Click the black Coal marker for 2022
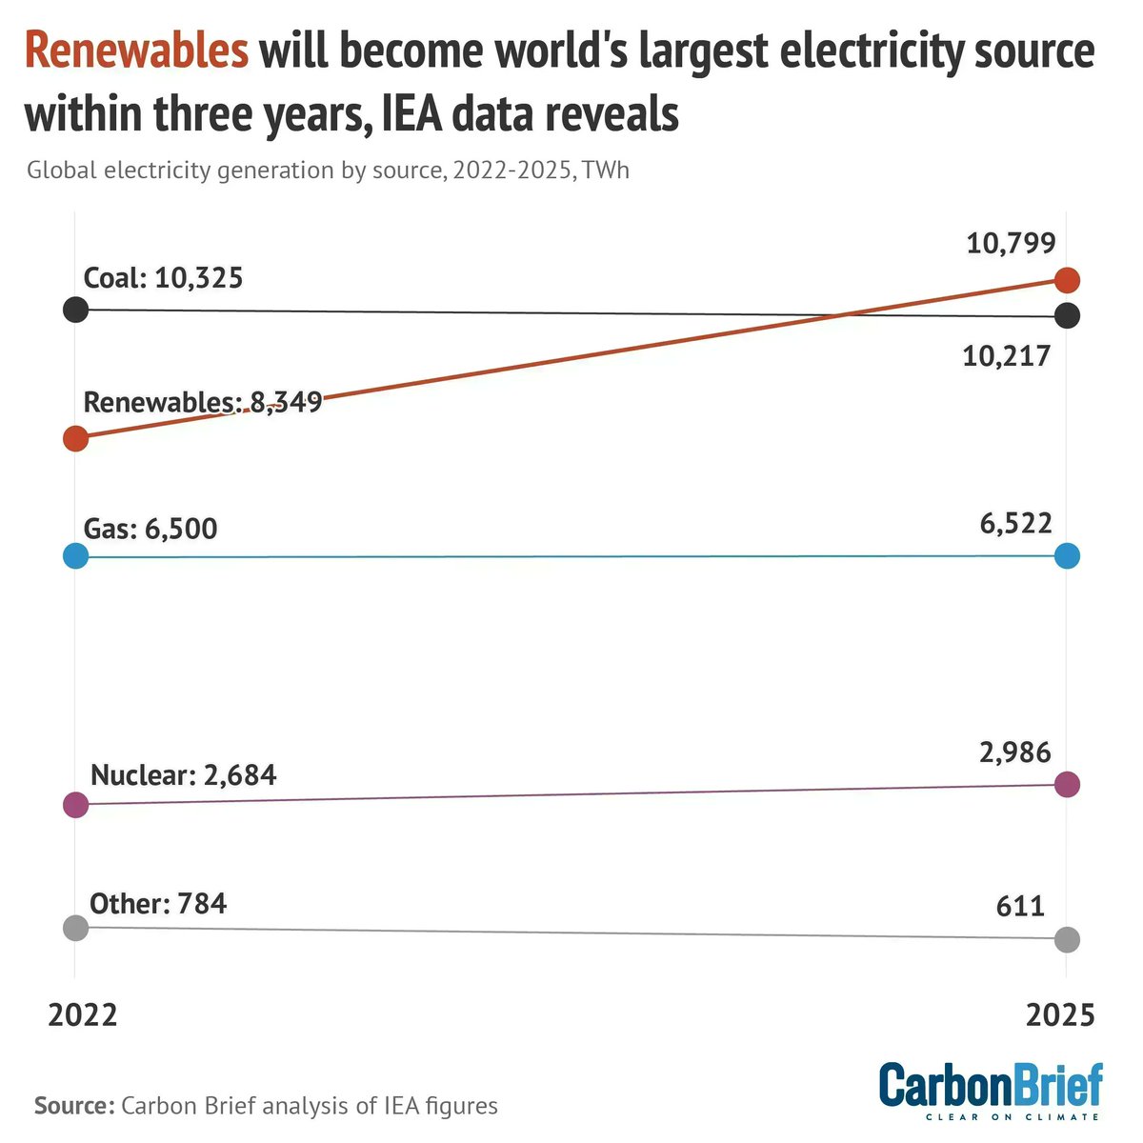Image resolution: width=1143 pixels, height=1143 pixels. pyautogui.click(x=75, y=310)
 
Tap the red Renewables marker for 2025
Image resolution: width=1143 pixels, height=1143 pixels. pyautogui.click(x=1067, y=280)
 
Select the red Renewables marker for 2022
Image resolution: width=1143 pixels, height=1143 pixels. pyautogui.click(x=75, y=438)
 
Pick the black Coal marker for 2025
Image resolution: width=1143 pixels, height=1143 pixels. pyautogui.click(x=1067, y=315)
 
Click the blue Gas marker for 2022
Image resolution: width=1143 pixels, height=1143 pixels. pyautogui.click(x=75, y=556)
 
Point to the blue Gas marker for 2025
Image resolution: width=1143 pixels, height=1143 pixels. pyautogui.click(x=1067, y=556)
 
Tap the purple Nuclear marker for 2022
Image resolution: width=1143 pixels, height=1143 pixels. pyautogui.click(x=75, y=805)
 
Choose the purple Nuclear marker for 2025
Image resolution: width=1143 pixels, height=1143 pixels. pyautogui.click(x=1067, y=785)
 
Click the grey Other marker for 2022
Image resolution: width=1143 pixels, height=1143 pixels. pyautogui.click(x=75, y=927)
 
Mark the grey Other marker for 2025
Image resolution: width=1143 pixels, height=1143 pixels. pyautogui.click(x=1067, y=939)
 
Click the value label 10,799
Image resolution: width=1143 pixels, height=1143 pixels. pyautogui.click(x=1011, y=244)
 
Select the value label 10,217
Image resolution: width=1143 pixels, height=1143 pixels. pyautogui.click(x=1006, y=356)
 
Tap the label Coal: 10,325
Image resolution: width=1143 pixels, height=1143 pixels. pyautogui.click(x=163, y=278)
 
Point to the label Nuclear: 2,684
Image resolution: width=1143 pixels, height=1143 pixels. pyautogui.click(x=183, y=775)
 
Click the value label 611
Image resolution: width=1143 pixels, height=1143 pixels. pyautogui.click(x=1020, y=905)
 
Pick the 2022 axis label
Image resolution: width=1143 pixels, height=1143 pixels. pyautogui.click(x=83, y=1015)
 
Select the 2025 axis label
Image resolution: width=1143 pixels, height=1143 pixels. pyautogui.click(x=1060, y=1015)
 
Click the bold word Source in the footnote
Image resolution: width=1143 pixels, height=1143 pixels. pyautogui.click(x=73, y=1106)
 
